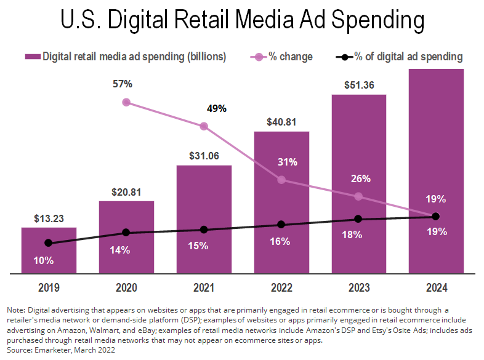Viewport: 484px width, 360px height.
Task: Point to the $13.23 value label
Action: [x=49, y=217]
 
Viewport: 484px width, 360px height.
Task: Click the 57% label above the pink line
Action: [x=126, y=82]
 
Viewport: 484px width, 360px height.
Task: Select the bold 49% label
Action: [x=216, y=109]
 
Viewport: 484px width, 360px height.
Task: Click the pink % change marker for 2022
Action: [x=281, y=180]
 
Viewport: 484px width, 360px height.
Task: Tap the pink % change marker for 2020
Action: [x=126, y=102]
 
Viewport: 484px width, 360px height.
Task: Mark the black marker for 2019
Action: [x=49, y=243]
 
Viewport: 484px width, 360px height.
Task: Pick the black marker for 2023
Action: [x=359, y=219]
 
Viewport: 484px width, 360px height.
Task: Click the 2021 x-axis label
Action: [x=204, y=287]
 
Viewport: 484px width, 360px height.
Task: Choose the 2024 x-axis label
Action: [x=437, y=287]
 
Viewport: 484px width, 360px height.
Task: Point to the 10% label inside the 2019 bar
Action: [x=43, y=260]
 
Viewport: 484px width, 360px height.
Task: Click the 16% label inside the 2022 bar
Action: [x=280, y=241]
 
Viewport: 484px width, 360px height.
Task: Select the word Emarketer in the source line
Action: [x=52, y=349]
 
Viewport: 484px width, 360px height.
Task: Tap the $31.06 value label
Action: [x=204, y=156]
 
